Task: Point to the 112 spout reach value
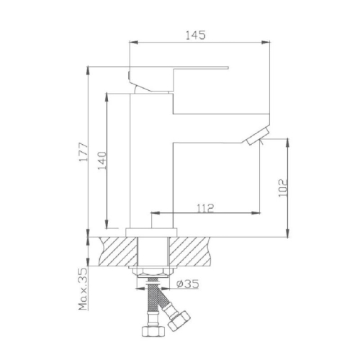[x=204, y=208]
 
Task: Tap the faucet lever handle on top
[x=180, y=71]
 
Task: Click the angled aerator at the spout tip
[x=257, y=135]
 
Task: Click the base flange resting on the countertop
[x=152, y=231]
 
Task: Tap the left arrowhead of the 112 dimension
[x=154, y=213]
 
